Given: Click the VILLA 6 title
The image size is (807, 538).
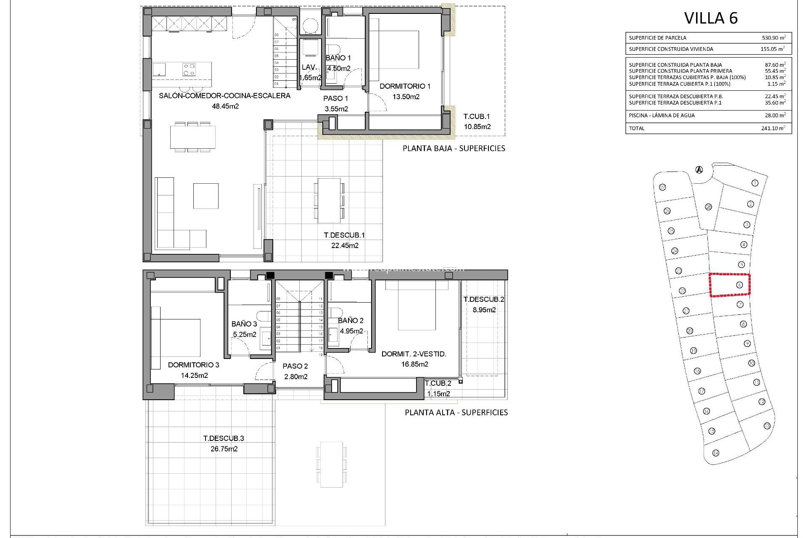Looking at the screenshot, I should (x=711, y=18).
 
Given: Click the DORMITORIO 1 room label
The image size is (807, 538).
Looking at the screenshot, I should (x=405, y=86).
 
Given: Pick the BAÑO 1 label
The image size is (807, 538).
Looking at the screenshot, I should (x=338, y=58).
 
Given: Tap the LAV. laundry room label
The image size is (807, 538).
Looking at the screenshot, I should (x=309, y=67).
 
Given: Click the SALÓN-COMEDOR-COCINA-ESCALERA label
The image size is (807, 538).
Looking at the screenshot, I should (x=224, y=96).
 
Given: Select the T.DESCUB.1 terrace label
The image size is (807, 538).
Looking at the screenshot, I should (x=344, y=235).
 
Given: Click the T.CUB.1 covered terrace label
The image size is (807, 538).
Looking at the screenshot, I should (x=477, y=116).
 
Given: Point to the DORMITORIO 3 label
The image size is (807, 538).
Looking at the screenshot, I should (x=194, y=365).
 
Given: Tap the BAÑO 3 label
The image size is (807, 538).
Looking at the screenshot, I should (x=244, y=324).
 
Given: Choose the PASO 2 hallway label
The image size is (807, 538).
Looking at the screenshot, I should (x=295, y=366).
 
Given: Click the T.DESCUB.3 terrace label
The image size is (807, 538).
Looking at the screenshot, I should (x=224, y=438).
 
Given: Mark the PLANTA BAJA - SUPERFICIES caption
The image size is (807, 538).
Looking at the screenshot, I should (x=454, y=148).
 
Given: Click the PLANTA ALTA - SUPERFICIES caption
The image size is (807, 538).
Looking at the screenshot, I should (x=456, y=413).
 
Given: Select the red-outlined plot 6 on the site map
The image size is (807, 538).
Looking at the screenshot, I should (x=730, y=285).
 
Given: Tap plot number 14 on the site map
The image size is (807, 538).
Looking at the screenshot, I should (x=716, y=453).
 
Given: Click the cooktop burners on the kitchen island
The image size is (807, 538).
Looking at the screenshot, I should (x=189, y=69).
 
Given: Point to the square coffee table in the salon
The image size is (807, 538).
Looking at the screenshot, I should (x=206, y=196).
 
